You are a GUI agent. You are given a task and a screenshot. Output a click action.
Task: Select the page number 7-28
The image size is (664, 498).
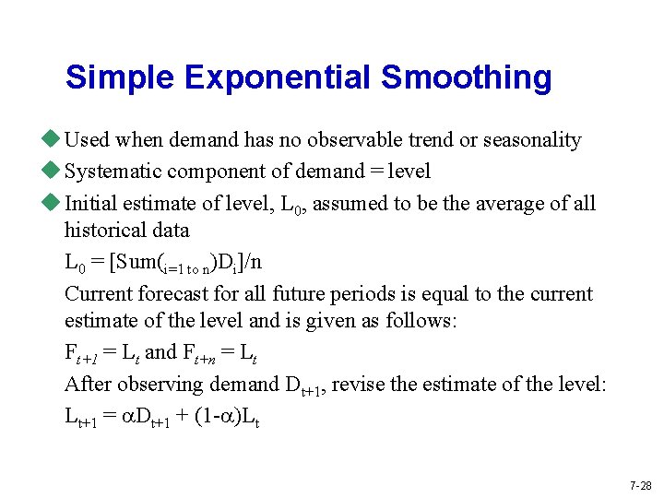coord(640,485)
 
